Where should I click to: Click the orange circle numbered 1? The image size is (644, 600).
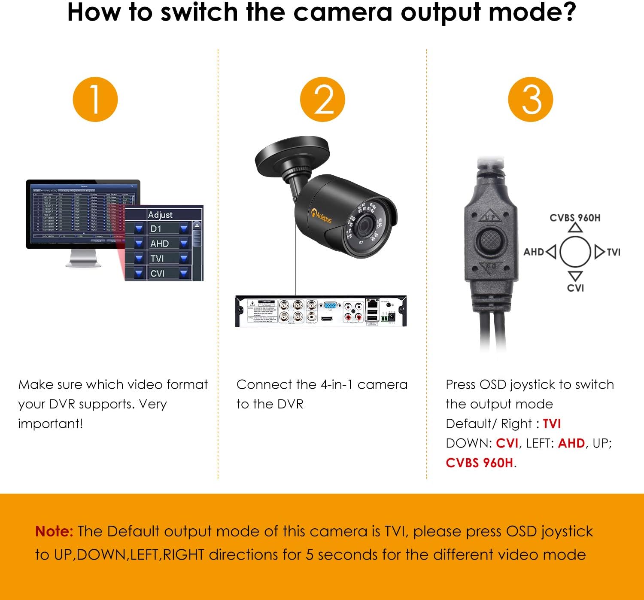click(x=95, y=100)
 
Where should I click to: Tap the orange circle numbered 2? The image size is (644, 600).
click(x=322, y=100)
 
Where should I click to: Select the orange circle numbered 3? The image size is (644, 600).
click(x=531, y=100)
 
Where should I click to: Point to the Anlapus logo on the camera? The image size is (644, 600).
click(x=322, y=214)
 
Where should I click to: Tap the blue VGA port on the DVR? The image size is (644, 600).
click(x=330, y=305)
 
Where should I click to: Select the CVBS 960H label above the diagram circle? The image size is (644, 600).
click(x=575, y=218)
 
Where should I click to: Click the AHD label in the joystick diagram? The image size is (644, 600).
click(x=534, y=252)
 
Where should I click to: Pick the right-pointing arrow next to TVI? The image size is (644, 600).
click(x=599, y=252)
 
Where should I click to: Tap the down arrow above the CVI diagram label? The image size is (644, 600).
click(x=575, y=275)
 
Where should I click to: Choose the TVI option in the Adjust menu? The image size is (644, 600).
click(x=157, y=258)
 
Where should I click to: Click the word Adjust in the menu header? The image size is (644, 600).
click(x=160, y=214)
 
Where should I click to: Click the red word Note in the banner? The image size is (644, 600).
click(x=54, y=531)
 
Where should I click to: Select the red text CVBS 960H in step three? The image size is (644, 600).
click(x=479, y=463)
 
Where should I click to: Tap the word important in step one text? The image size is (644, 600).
click(x=50, y=423)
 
